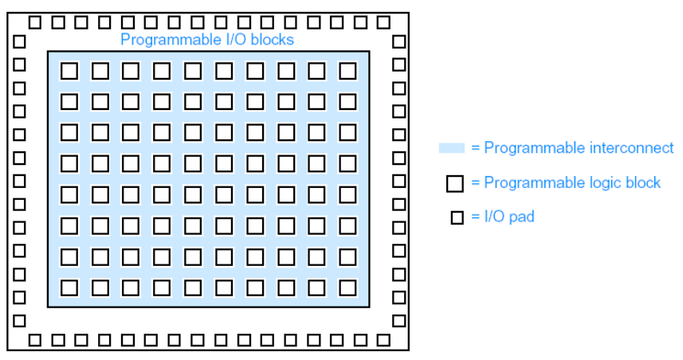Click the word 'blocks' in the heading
(x=273, y=39)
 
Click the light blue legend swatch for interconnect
(x=451, y=148)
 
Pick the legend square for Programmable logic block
(x=455, y=183)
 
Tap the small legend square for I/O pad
(x=457, y=217)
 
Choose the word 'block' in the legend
(x=643, y=182)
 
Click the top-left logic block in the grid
(x=69, y=71)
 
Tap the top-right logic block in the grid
(x=347, y=71)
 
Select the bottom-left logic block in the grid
(x=69, y=288)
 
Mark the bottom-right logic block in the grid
(x=347, y=288)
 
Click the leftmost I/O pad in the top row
(x=36, y=22)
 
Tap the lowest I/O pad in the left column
(x=19, y=321)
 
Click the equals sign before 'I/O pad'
(x=476, y=217)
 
